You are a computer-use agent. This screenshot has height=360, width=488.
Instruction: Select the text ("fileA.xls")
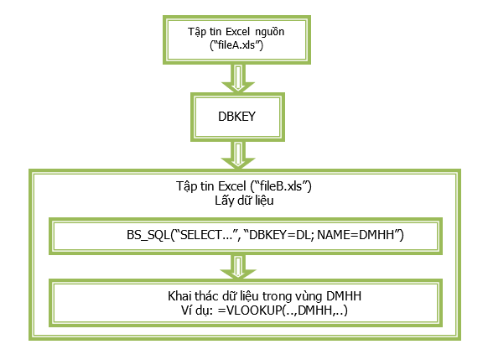click(x=236, y=45)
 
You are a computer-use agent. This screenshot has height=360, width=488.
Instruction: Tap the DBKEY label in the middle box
click(x=236, y=117)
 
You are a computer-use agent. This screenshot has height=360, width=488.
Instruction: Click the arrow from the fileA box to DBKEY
click(x=238, y=78)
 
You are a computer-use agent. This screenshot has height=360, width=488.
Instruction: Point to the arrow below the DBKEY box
click(x=238, y=155)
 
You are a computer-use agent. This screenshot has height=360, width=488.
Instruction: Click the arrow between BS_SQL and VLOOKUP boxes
click(x=238, y=267)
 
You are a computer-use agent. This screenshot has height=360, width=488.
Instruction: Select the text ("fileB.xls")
click(x=281, y=186)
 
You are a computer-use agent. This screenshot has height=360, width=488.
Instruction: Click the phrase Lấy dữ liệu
click(x=244, y=201)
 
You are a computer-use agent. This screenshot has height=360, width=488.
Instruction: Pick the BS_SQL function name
click(x=148, y=235)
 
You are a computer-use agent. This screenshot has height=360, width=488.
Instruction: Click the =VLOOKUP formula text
click(x=283, y=310)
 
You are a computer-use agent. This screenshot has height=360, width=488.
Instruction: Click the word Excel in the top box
click(x=237, y=31)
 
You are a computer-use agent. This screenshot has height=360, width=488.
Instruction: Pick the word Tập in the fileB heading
click(x=186, y=187)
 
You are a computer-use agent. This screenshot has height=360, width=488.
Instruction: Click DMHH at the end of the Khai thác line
click(x=344, y=296)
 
